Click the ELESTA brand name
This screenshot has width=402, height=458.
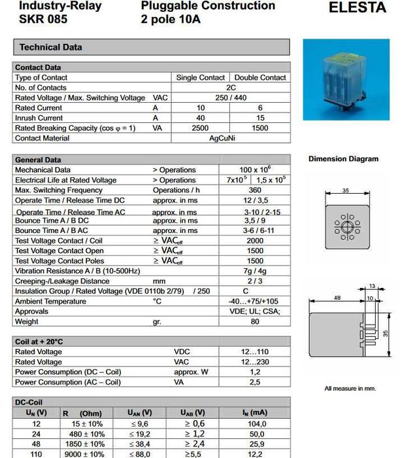click(x=357, y=9)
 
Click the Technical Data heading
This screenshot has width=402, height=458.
click(x=50, y=48)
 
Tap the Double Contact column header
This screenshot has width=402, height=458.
click(x=260, y=77)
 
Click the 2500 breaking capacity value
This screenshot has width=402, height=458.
click(x=200, y=128)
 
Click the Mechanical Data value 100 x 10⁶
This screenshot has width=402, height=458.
click(x=254, y=169)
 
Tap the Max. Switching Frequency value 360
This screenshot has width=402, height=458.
click(x=254, y=190)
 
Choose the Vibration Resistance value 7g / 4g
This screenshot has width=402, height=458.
click(x=254, y=271)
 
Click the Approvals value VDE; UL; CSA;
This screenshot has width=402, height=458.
click(x=254, y=311)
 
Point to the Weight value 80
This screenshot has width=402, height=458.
click(x=254, y=322)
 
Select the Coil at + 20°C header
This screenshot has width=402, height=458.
click(x=39, y=342)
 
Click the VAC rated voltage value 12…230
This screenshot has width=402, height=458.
click(x=254, y=362)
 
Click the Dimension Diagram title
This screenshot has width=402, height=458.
click(x=343, y=159)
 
